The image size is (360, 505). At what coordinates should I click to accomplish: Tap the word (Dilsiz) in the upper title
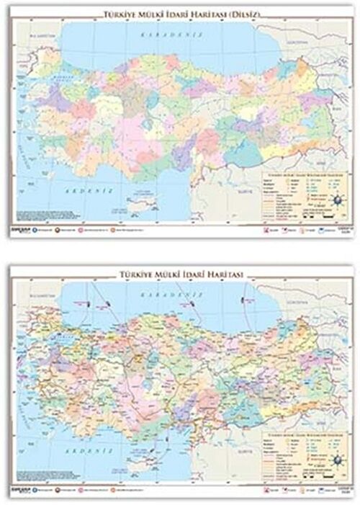249,14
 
